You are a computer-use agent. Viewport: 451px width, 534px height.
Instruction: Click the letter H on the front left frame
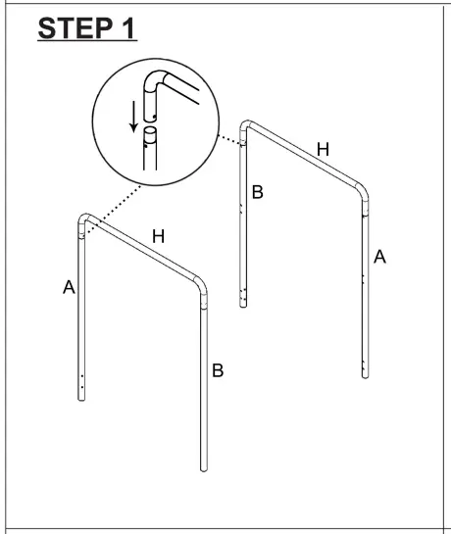(x=158, y=236)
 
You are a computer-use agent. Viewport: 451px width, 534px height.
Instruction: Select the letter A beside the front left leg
(x=68, y=288)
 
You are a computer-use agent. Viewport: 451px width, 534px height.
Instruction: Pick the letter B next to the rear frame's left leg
(x=258, y=193)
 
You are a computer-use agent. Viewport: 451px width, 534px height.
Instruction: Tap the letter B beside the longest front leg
(x=219, y=370)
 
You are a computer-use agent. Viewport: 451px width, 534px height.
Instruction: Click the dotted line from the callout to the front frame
(x=118, y=200)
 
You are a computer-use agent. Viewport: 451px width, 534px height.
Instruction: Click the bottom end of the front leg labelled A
(x=81, y=397)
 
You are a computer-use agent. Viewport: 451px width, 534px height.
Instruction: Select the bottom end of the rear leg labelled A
(x=366, y=374)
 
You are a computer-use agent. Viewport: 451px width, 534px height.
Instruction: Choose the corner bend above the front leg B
(x=202, y=288)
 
